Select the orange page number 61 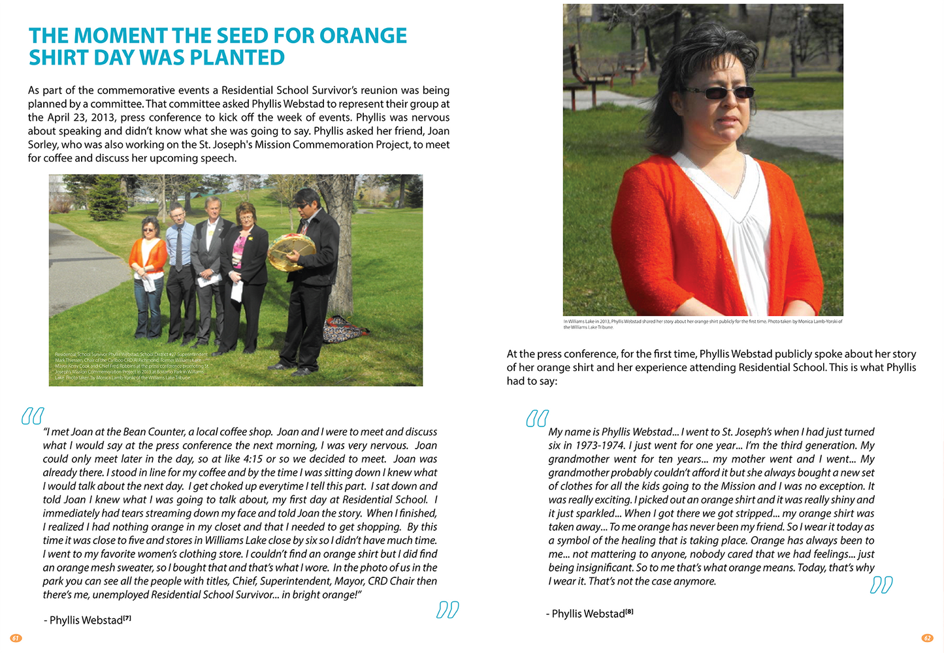[16, 638]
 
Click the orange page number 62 [927, 638]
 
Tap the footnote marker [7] [127, 618]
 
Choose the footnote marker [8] [629, 612]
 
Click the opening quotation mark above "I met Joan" [33, 416]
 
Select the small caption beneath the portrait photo [702, 324]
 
